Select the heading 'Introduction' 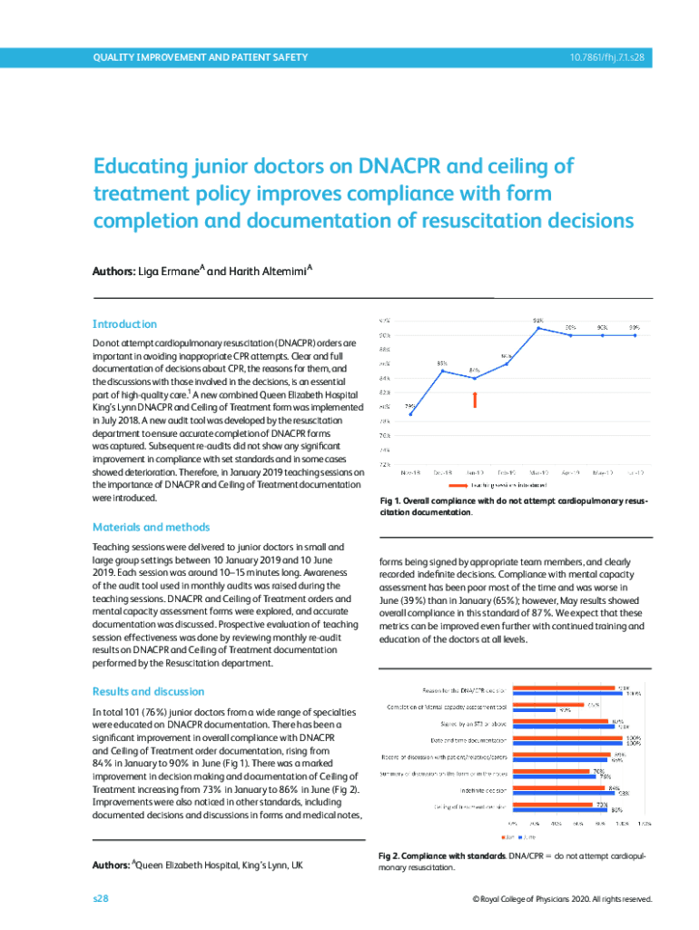(x=124, y=324)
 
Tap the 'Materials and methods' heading (x=151, y=527)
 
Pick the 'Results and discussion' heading (x=149, y=691)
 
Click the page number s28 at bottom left (x=100, y=898)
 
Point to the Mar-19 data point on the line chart (x=538, y=328)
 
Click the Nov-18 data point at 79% (x=410, y=414)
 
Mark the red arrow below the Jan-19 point (x=475, y=400)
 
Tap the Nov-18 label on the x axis (x=410, y=472)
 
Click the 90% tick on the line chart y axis (x=385, y=334)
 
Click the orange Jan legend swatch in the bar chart (x=505, y=836)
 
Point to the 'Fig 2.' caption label (x=391, y=856)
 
